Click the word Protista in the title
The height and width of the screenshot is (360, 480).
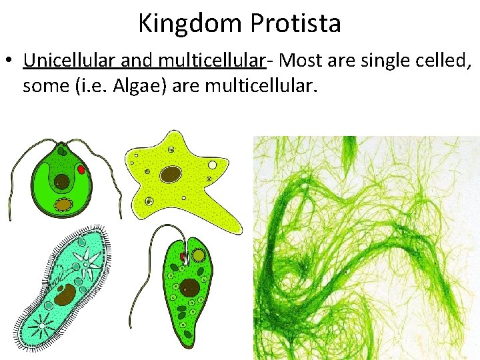297,24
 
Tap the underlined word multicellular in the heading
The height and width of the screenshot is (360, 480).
213,61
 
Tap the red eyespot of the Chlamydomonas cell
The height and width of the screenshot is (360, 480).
81,170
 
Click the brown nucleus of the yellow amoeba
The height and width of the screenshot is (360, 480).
171,174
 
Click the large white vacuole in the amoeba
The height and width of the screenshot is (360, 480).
213,164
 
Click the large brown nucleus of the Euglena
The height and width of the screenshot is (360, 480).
189,288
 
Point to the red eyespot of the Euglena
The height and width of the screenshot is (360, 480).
182,255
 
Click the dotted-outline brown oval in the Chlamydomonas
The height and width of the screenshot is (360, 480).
63,204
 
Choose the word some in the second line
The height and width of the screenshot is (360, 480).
43,86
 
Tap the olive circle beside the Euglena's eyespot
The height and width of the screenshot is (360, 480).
198,255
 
